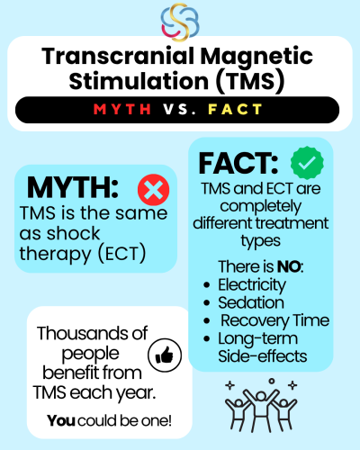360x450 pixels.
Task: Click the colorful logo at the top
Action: pyautogui.click(x=180, y=22)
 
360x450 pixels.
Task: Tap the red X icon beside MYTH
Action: pyautogui.click(x=153, y=190)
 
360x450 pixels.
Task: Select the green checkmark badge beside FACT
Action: pyautogui.click(x=307, y=163)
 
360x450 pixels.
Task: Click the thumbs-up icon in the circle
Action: pyautogui.click(x=165, y=355)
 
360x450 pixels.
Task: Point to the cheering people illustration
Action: pyautogui.click(x=261, y=405)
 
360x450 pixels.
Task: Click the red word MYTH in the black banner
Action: pyautogui.click(x=122, y=110)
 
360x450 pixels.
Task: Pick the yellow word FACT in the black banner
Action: pyautogui.click(x=235, y=110)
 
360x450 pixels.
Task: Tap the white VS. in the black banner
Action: pyautogui.click(x=179, y=110)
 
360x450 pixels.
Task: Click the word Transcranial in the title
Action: pyautogui.click(x=119, y=56)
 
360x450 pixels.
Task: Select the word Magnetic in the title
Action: pyautogui.click(x=256, y=58)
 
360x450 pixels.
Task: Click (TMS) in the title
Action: pyautogui.click(x=250, y=81)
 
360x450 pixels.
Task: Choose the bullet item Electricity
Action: pyautogui.click(x=252, y=285)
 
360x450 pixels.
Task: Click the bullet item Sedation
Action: pyautogui.click(x=251, y=302)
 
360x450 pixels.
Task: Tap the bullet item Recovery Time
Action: pyautogui.click(x=275, y=320)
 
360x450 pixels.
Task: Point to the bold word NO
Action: pyautogui.click(x=289, y=266)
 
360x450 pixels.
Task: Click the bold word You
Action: pyautogui.click(x=61, y=420)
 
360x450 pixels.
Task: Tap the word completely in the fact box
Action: pyautogui.click(x=261, y=207)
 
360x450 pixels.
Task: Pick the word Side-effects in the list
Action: pyautogui.click(x=263, y=356)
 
